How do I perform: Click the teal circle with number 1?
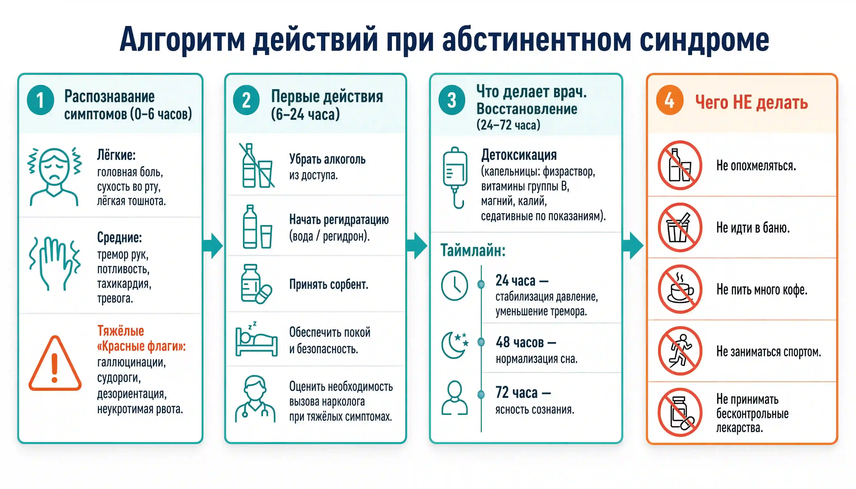(40, 100)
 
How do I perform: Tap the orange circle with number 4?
(670, 100)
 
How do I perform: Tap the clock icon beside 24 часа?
(455, 285)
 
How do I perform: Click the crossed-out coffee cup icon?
(680, 289)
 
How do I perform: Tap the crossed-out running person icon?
(680, 351)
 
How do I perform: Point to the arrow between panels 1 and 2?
(213, 246)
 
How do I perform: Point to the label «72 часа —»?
(523, 393)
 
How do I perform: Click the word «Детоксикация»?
(519, 155)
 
